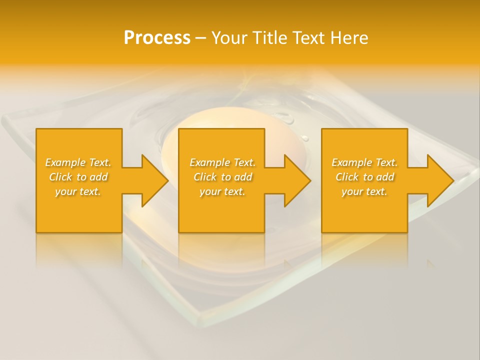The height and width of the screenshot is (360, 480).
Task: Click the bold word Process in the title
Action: [157, 38]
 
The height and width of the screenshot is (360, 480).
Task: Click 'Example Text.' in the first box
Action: [78, 162]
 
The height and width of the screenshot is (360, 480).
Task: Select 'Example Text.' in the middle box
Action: [222, 162]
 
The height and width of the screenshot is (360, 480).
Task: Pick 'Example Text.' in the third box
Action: [364, 162]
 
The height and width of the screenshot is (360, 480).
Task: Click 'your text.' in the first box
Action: [78, 191]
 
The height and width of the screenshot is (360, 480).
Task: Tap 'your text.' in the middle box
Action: [222, 191]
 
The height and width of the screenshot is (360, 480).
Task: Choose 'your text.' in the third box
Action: [364, 191]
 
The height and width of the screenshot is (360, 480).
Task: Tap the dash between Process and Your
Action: [200, 38]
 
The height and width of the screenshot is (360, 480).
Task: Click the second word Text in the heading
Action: [307, 38]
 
